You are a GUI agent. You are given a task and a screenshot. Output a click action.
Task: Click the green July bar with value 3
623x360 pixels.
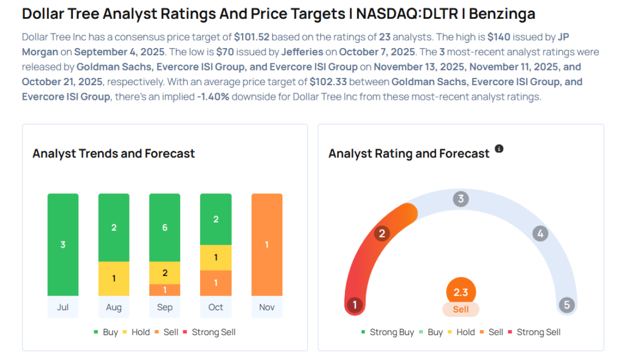pos(63,244)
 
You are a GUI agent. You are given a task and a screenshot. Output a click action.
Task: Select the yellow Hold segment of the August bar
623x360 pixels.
pos(114,279)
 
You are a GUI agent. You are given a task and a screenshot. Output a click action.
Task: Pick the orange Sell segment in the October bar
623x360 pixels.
pos(216,283)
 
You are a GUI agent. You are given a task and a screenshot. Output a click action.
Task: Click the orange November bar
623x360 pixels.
pos(266,244)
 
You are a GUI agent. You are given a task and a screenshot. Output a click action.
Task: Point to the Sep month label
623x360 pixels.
pos(165,307)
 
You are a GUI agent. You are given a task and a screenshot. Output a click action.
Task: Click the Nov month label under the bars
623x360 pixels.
pos(266,307)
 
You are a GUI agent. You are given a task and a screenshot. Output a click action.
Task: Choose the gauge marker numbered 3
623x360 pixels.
pos(461,199)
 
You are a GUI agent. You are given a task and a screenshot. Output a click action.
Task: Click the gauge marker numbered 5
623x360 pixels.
pos(567,305)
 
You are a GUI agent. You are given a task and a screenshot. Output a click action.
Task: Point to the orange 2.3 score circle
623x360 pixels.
pos(461,292)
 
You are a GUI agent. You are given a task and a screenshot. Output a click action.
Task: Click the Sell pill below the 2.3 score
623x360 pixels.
pos(461,310)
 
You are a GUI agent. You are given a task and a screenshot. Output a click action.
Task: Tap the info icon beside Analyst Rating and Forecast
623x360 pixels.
pos(499,148)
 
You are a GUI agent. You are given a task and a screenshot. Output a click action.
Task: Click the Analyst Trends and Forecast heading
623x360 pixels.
pos(114,153)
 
